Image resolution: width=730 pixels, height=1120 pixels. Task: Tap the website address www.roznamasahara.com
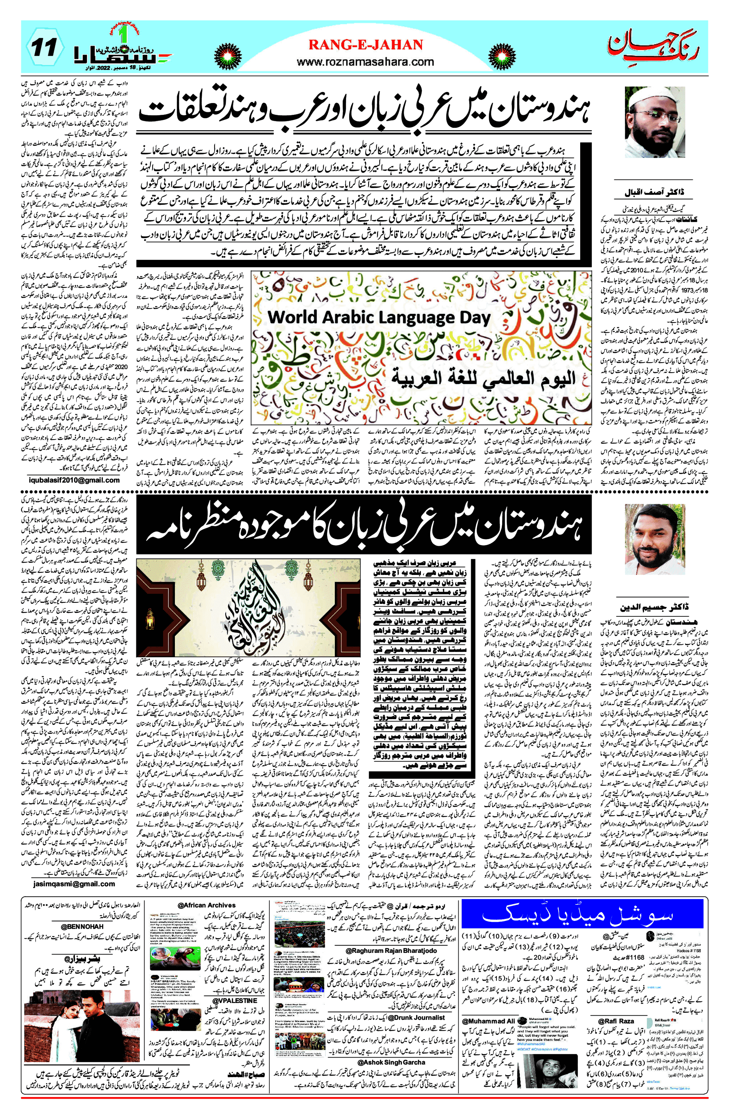[365, 62]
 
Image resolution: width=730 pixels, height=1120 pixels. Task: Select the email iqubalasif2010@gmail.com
[74, 480]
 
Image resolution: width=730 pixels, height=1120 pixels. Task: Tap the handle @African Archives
[206, 904]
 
